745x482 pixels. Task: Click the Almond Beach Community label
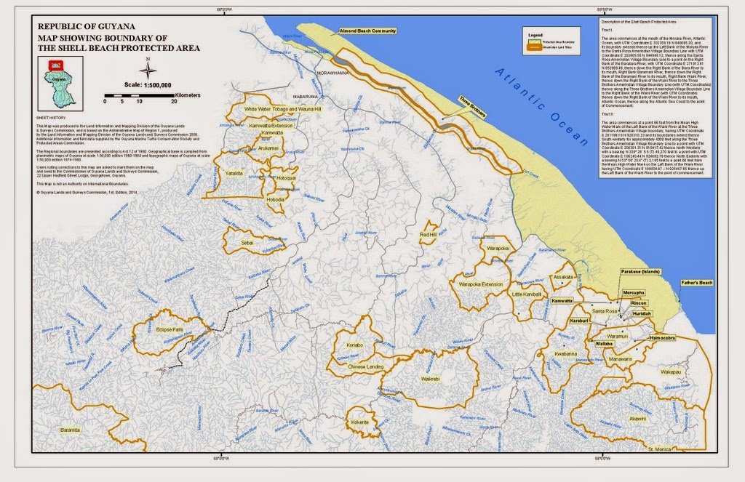[x=367, y=31]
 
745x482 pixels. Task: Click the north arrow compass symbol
[x=148, y=70]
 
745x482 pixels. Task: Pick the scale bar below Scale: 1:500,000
[x=139, y=95]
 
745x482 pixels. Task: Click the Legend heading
[x=535, y=33]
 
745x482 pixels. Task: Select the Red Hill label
[x=428, y=235]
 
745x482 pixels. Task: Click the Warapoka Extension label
[x=481, y=284]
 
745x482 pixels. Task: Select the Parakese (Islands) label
[x=640, y=271]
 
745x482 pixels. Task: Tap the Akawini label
[x=637, y=419]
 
